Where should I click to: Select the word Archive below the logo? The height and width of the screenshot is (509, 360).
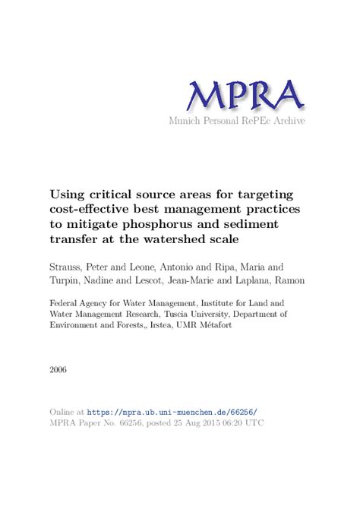point(289,122)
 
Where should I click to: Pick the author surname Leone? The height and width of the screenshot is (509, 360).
point(174,267)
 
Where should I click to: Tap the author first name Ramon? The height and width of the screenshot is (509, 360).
point(293,281)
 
